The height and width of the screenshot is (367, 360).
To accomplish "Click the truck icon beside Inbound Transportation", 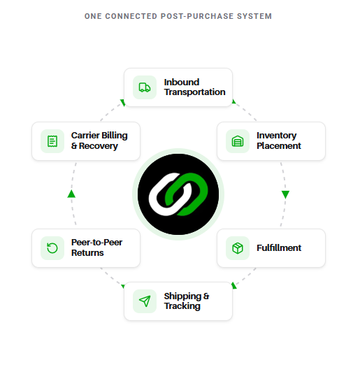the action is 145,87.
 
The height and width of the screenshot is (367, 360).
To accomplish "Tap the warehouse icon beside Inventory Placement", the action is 238,141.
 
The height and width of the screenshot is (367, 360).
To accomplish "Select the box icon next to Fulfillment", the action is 238,248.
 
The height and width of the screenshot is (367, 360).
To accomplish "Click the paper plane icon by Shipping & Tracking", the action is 145,301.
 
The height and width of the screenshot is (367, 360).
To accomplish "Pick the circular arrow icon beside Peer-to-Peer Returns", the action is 52,248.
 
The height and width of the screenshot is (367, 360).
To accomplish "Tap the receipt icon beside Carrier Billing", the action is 52,141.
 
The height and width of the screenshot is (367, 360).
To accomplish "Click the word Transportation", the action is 194,92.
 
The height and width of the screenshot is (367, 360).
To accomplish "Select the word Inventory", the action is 276,136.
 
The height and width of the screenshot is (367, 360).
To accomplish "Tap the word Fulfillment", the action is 279,248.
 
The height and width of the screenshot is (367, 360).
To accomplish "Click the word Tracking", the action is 182,306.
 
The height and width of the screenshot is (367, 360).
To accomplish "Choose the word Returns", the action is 87,253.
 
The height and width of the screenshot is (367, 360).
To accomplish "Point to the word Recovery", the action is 99,146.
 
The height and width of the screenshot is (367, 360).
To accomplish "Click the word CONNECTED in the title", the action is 131,16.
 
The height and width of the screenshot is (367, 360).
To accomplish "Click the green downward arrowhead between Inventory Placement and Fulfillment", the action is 285,194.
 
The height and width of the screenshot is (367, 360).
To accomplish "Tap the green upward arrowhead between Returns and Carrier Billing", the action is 71,194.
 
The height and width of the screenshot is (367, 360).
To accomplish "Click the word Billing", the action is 115,136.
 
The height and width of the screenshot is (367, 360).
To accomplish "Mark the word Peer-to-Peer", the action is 96,243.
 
